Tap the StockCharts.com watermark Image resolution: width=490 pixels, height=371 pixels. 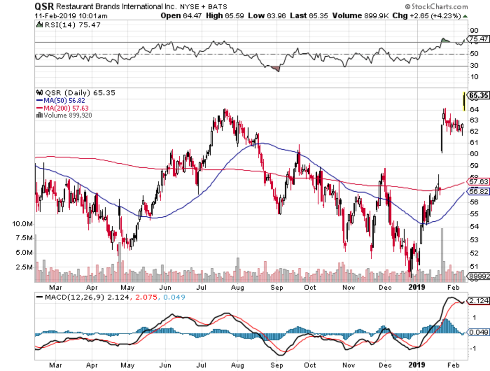pos(437,7)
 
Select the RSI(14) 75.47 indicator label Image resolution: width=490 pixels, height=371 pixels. pos(68,25)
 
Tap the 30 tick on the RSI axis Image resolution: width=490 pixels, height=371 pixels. pos(474,66)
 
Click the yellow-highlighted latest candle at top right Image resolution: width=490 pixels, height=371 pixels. pos(464,101)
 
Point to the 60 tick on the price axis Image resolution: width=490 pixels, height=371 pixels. pos(473,153)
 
